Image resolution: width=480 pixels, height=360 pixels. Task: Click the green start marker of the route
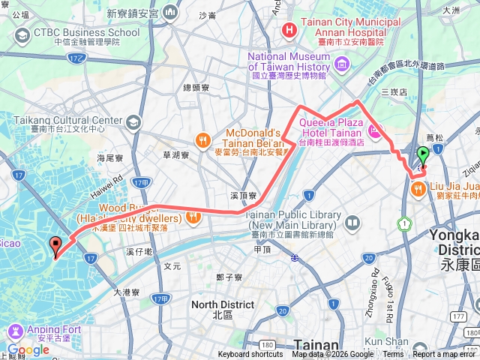coord(422,156)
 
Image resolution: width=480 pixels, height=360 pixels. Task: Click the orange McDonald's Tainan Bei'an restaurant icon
coord(202,139)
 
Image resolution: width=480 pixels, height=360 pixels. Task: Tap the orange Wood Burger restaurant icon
coord(193,217)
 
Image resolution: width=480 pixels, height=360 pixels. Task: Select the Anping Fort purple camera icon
coord(14,331)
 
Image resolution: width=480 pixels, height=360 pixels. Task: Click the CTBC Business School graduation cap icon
coord(21,35)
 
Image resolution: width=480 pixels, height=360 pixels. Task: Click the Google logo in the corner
coord(28,349)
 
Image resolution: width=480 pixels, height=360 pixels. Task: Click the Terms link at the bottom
coord(393,355)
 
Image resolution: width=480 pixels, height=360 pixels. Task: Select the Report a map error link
coord(445,355)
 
